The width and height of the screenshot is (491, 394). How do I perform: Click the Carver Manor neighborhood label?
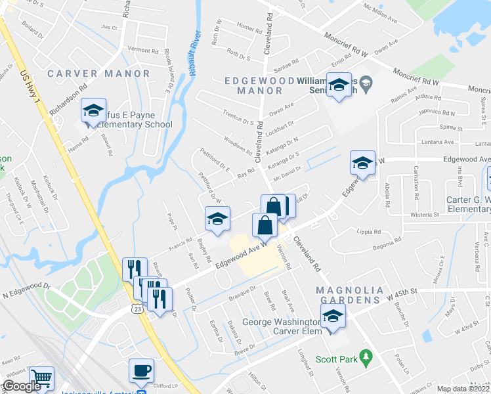click(x=108, y=74)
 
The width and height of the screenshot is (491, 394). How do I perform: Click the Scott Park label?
click(x=335, y=359)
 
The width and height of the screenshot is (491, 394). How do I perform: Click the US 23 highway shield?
click(x=137, y=307)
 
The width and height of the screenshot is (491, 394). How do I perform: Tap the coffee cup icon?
click(x=141, y=370)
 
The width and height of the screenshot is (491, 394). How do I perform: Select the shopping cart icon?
click(x=41, y=378)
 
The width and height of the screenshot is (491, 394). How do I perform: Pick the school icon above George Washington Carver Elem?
click(x=333, y=318)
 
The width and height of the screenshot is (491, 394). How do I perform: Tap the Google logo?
click(x=22, y=386)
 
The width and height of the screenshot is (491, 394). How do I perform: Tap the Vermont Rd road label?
click(x=144, y=50)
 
